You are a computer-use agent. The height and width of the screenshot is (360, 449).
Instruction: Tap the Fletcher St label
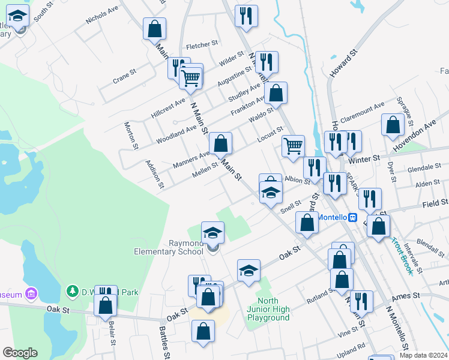tap(201, 45)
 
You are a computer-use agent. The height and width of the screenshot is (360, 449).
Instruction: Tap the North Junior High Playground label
tap(273, 309)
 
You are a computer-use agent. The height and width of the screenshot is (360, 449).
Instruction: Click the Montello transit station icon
tap(354, 217)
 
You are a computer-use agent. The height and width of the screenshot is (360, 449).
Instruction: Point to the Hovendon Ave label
tap(414, 139)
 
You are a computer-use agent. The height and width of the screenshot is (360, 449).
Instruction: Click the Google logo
tap(20, 353)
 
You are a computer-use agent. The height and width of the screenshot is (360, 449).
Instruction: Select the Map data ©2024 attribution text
tap(423, 355)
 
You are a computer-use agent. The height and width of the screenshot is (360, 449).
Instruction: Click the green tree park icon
tap(73, 292)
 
